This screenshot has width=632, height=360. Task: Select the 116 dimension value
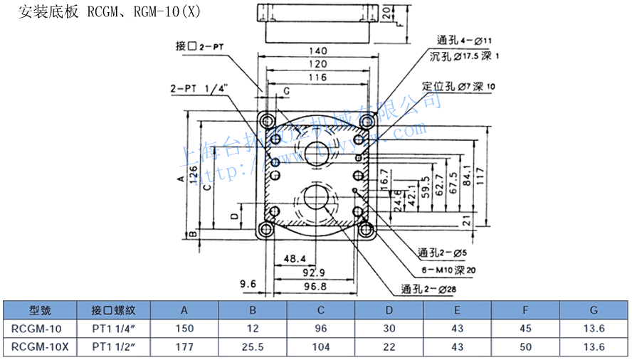pyautogui.click(x=318, y=78)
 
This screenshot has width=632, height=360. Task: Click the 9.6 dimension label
pyautogui.click(x=248, y=284)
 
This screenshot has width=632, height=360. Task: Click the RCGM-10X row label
pyautogui.click(x=41, y=346)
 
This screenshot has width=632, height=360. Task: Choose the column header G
pyautogui.click(x=593, y=310)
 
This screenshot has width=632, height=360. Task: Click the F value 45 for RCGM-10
pyautogui.click(x=525, y=329)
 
